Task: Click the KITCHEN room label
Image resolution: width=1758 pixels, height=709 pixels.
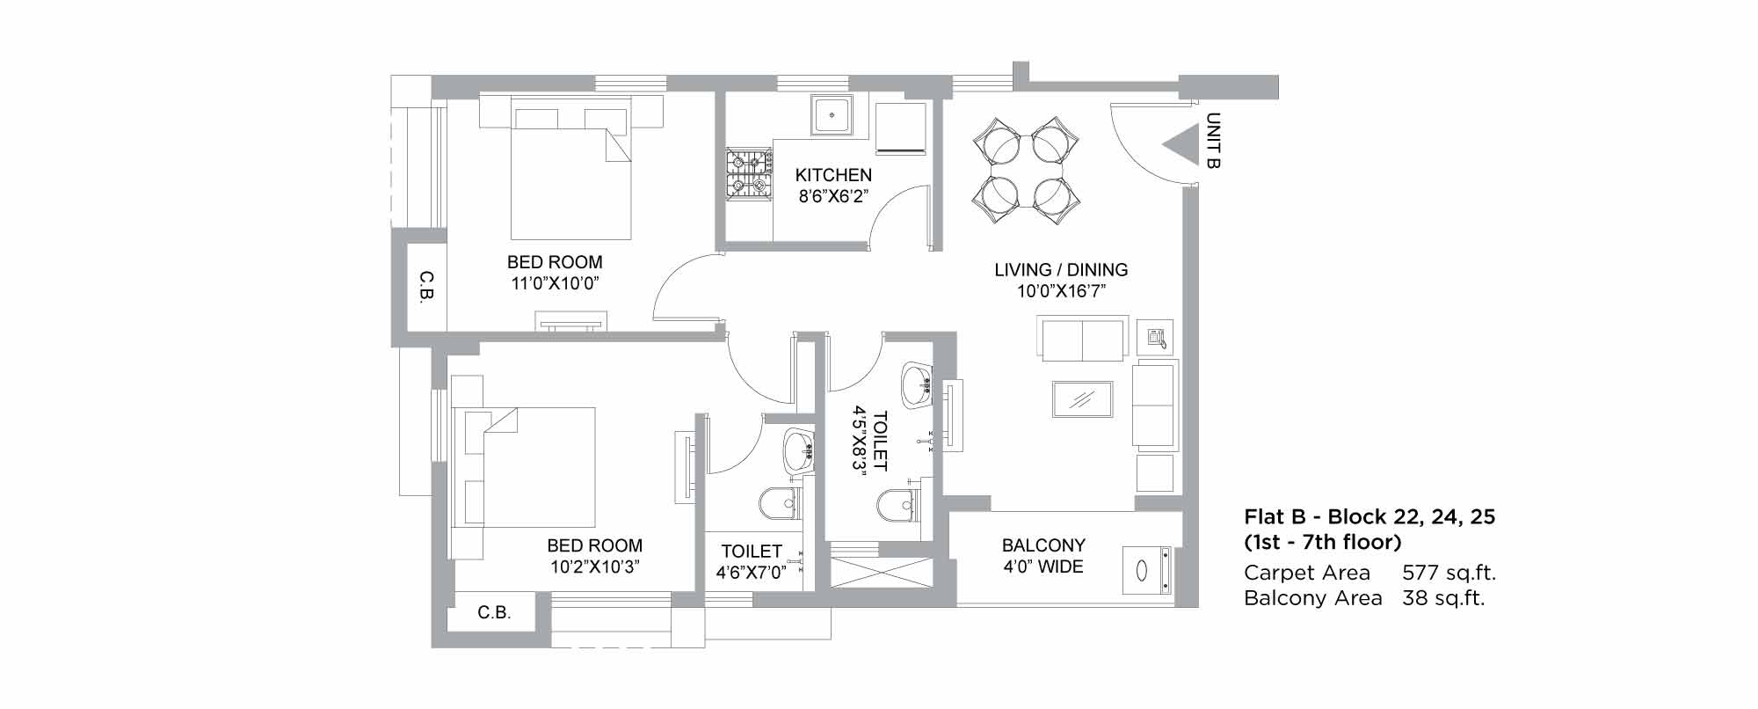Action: [x=833, y=175]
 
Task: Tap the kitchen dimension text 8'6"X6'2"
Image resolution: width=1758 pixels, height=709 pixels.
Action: [x=833, y=196]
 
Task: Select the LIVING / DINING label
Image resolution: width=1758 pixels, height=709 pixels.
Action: [x=1061, y=270]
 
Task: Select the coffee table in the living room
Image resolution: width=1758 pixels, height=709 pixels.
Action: [x=1082, y=398]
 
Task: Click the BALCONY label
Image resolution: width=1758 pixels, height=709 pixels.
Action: [x=1043, y=545]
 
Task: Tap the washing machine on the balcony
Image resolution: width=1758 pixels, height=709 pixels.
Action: [x=1147, y=570]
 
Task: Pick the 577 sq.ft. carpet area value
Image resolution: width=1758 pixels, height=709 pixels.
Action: [x=1449, y=573]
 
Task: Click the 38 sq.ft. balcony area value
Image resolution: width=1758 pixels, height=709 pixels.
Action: [x=1443, y=598]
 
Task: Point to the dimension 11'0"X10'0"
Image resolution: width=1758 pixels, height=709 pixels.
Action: [x=555, y=283]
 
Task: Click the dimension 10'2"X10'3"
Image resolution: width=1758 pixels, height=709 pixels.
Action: [x=595, y=566]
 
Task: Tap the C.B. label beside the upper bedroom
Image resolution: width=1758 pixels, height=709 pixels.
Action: [x=426, y=286]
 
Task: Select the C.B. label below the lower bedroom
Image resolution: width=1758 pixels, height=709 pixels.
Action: [x=494, y=612]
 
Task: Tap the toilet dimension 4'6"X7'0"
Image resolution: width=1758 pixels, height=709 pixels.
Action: [x=752, y=573]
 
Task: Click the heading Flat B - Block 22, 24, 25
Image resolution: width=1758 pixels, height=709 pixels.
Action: [x=1369, y=516]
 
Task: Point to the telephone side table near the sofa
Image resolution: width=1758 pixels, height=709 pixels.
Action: [x=1155, y=337]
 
